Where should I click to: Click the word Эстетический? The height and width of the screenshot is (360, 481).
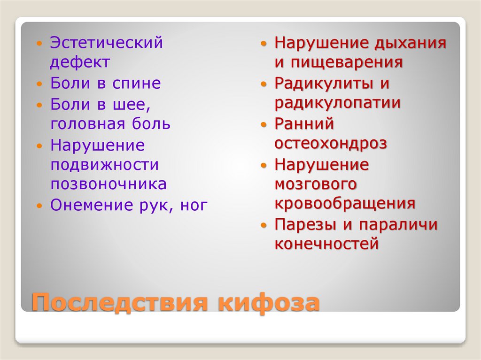point(107,43)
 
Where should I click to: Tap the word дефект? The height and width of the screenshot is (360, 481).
point(80,62)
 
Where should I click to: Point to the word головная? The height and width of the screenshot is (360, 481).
point(88,124)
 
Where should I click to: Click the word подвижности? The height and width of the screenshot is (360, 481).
point(105,165)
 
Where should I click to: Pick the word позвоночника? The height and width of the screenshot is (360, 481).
point(109,184)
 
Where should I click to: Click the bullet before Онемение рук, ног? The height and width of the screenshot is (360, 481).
point(40,206)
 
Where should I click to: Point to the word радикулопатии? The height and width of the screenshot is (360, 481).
point(338,103)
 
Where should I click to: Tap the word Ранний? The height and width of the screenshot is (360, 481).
point(304,124)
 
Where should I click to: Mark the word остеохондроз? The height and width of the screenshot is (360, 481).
point(331,144)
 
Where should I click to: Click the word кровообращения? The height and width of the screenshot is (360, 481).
point(345,204)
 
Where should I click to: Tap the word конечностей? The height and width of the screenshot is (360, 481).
point(326,244)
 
